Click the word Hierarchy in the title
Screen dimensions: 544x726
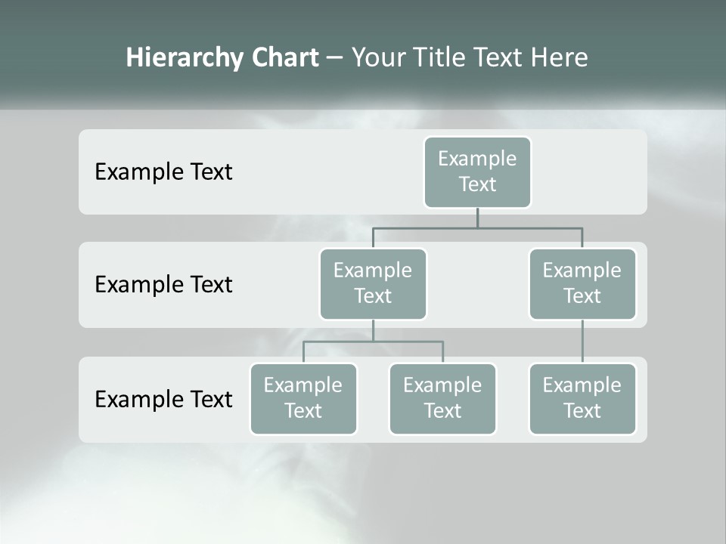click(x=184, y=58)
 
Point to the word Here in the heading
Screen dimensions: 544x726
click(x=560, y=58)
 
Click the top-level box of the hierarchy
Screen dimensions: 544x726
click(x=477, y=172)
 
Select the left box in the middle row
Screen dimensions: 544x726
click(x=373, y=284)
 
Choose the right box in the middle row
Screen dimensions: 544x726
click(x=582, y=284)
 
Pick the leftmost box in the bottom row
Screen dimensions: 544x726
click(x=303, y=399)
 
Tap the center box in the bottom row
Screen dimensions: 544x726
click(x=442, y=399)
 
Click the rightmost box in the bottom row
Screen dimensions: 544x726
click(x=582, y=399)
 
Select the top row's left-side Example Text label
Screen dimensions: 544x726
click(x=163, y=172)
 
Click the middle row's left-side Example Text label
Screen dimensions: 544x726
click(x=163, y=285)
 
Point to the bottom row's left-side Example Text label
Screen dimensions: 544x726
click(x=163, y=399)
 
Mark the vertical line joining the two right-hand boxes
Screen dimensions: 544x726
click(x=582, y=342)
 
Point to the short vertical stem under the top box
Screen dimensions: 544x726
click(x=477, y=218)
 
